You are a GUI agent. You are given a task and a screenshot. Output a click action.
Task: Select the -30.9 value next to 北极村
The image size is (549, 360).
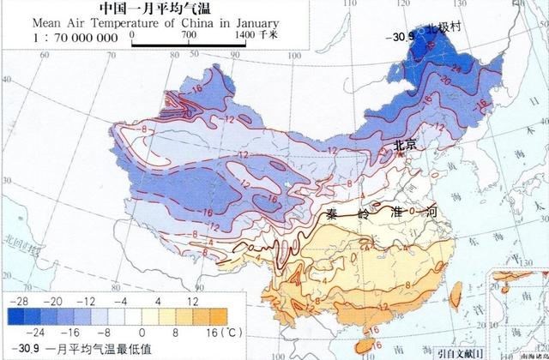tap(400, 36)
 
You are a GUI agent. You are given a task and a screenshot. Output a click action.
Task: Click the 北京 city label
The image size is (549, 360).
tap(405, 146)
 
